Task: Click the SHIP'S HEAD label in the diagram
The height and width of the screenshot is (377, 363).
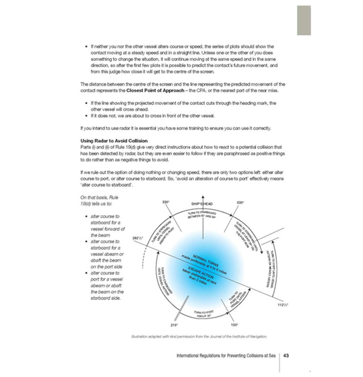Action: coord(203,203)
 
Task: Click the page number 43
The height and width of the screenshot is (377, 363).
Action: coord(286,356)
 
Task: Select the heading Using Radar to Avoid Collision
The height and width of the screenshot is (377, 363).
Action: coord(114,140)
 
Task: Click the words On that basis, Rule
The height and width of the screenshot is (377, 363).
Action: coord(99,197)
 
